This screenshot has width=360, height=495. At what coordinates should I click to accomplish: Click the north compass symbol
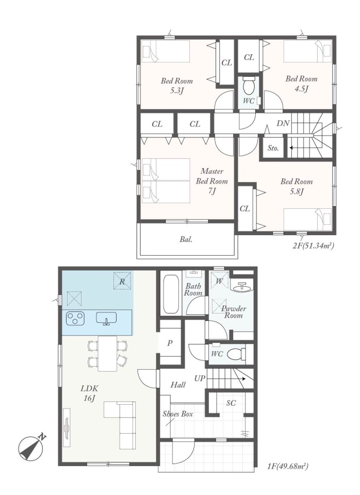30,448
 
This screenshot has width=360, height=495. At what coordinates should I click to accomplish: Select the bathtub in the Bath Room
171,294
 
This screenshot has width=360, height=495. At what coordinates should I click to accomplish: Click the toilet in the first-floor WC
236,354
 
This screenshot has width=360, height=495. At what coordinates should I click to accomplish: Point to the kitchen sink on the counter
106,318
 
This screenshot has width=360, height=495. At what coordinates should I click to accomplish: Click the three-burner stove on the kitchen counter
75,318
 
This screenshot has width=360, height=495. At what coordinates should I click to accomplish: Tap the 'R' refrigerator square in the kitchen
122,282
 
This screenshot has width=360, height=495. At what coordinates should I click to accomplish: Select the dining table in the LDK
107,354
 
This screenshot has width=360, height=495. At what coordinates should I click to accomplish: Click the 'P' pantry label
170,343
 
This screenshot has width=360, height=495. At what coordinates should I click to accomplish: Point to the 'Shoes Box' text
178,414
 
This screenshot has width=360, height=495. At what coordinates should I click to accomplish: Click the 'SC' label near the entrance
231,403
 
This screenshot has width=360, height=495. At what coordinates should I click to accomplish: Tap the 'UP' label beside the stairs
200,378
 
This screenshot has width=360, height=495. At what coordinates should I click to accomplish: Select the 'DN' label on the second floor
283,123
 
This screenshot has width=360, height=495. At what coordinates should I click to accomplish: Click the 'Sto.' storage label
273,148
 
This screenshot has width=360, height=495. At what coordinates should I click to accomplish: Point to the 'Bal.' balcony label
186,239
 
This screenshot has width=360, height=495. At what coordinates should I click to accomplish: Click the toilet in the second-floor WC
249,85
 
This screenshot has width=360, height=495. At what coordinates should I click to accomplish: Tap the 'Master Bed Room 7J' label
212,181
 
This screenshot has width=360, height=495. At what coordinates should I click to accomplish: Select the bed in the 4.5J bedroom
307,51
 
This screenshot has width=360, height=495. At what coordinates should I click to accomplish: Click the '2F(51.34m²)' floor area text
313,245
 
